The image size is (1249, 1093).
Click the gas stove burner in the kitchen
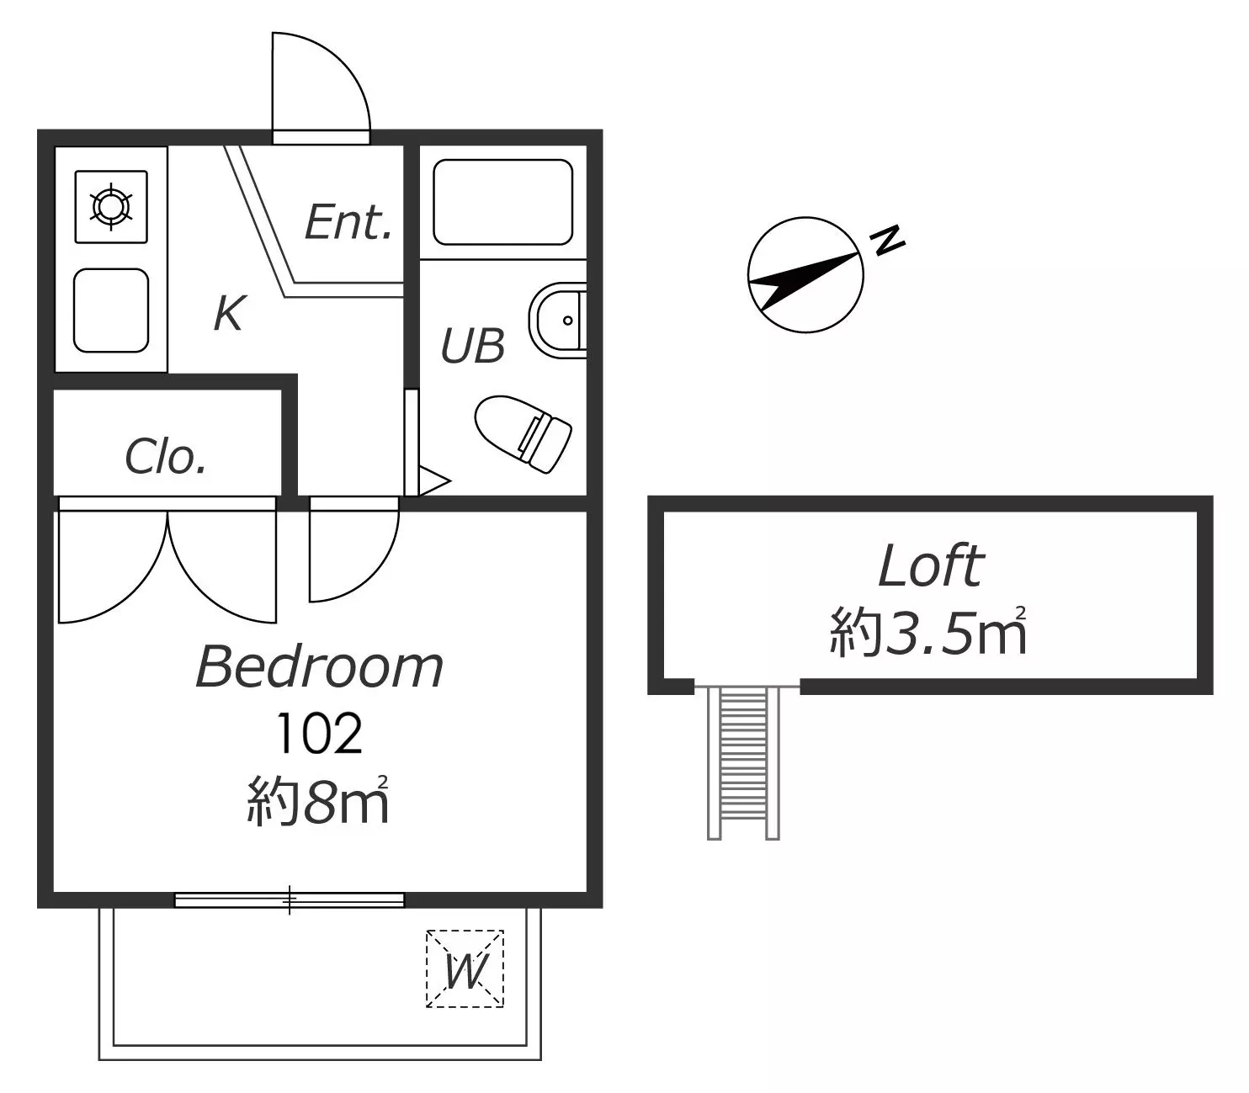click(111, 206)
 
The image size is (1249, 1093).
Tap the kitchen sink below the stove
click(111, 310)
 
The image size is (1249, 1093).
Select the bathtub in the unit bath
click(502, 202)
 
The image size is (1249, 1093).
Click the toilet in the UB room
click(524, 433)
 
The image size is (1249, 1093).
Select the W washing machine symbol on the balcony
click(465, 968)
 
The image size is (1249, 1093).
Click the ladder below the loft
click(743, 763)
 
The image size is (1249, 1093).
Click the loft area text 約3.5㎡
click(927, 632)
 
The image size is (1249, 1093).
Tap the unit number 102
click(320, 734)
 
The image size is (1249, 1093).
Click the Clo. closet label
click(166, 457)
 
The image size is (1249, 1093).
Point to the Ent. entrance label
click(348, 222)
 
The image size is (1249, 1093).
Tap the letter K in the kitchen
click(230, 313)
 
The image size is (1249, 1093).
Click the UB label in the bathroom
click(472, 346)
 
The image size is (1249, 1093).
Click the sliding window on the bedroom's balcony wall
click(290, 900)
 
